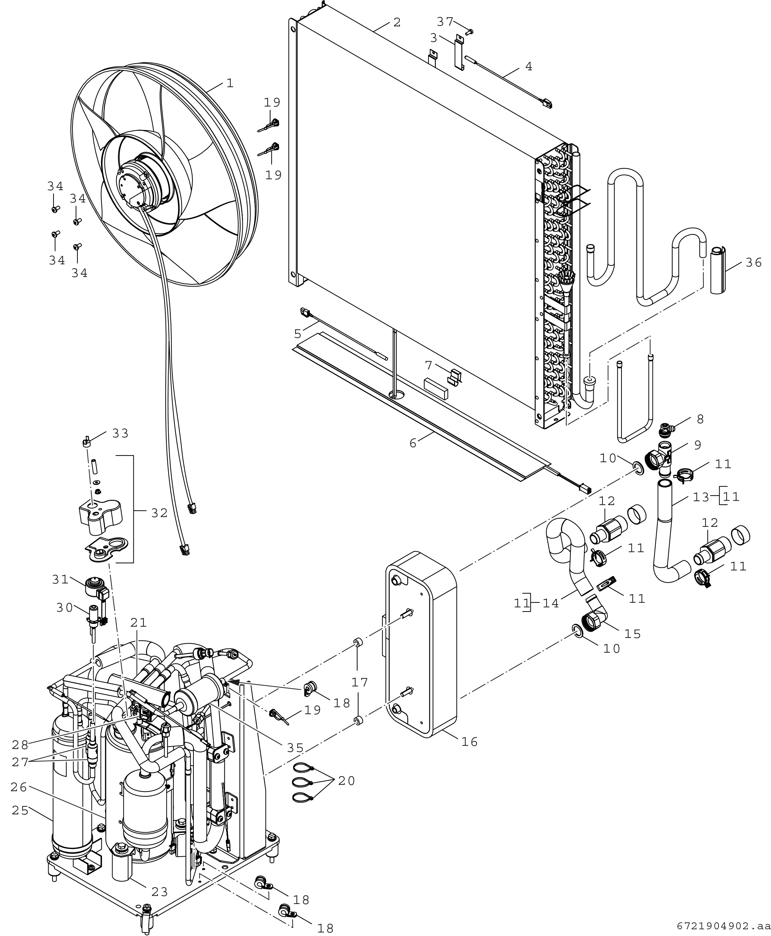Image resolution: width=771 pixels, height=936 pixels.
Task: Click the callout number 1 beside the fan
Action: [x=230, y=83]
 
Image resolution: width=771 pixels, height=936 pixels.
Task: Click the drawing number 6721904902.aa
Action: [x=724, y=926]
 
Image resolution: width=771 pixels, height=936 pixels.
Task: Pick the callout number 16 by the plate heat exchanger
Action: [x=470, y=741]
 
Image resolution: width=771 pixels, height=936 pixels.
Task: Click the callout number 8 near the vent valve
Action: [x=700, y=419]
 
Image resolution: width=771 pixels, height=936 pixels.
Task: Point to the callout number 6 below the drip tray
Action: [x=413, y=443]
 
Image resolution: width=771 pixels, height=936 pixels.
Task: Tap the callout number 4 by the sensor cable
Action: [x=529, y=66]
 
